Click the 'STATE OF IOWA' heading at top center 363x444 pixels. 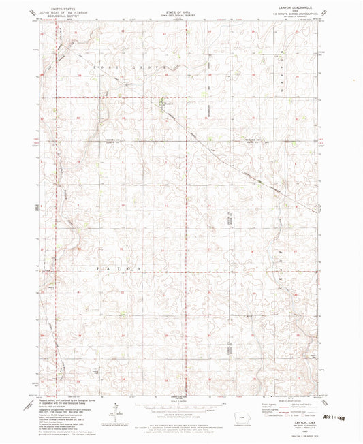181,7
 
